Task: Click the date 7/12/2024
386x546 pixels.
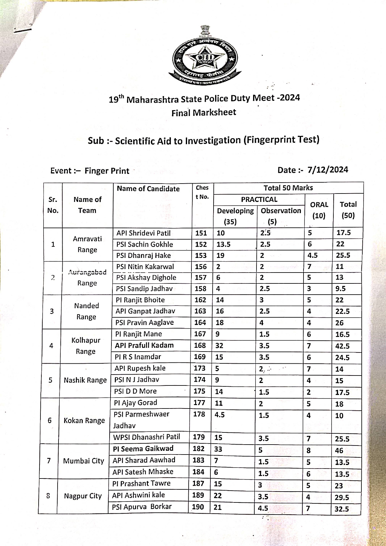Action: click(327, 170)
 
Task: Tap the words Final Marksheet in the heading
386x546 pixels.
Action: click(204, 112)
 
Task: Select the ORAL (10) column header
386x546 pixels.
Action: click(319, 210)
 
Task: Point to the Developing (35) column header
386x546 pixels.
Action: click(235, 216)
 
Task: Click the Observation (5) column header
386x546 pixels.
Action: click(281, 216)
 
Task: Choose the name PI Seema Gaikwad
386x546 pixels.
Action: click(143, 449)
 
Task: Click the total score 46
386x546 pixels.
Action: click(339, 450)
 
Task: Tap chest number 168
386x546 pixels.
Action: click(200, 345)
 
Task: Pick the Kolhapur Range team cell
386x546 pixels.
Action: click(86, 346)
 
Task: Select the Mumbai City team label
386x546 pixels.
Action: click(83, 461)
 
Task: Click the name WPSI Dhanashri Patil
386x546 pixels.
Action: click(146, 437)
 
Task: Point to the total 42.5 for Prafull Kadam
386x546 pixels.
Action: click(342, 346)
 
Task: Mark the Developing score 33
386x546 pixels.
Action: click(218, 449)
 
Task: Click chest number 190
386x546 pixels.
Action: click(198, 507)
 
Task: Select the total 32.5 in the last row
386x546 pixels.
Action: click(341, 509)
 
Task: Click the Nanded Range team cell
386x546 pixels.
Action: click(87, 311)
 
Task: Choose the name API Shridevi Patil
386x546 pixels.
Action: click(144, 233)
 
